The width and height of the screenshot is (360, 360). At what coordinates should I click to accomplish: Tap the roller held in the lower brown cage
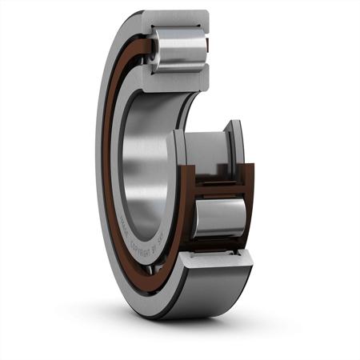pyautogui.click(x=218, y=217)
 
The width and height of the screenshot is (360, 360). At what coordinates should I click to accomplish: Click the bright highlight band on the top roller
pyautogui.click(x=180, y=44)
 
